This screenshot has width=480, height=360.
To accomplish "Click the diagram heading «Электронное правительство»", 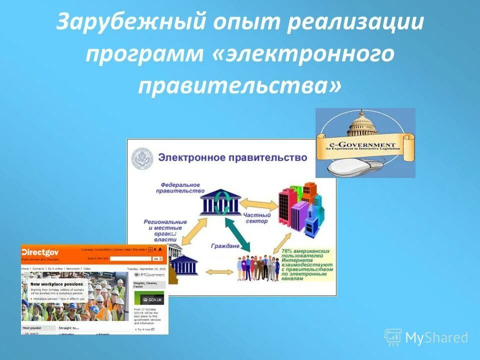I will pyautogui.click(x=232, y=157).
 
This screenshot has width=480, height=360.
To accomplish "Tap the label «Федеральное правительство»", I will pyautogui.click(x=180, y=187).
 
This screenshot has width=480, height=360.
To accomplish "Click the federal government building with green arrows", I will pyautogui.click(x=220, y=202).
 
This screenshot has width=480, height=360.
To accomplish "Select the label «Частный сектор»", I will pyautogui.click(x=256, y=218).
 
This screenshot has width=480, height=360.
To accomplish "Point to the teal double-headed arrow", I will pyautogui.click(x=237, y=233).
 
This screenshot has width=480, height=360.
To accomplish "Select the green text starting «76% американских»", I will pyautogui.click(x=306, y=262).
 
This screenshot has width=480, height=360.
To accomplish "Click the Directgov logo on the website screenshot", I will pyautogui.click(x=41, y=252).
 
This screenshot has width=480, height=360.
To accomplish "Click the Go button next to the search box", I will pyautogui.click(x=157, y=258).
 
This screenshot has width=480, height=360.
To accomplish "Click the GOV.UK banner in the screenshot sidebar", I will pyautogui.click(x=149, y=299).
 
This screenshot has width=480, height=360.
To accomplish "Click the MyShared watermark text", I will pyautogui.click(x=436, y=338).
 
